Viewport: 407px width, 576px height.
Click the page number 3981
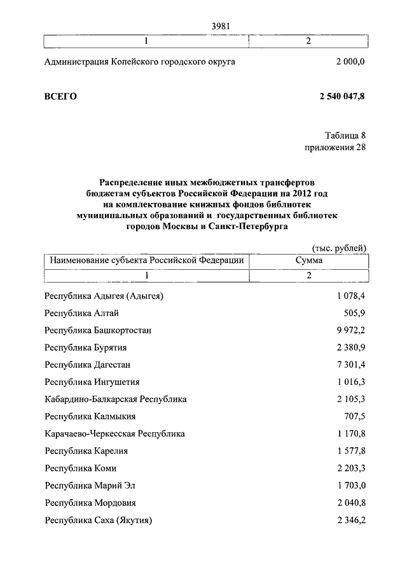219,26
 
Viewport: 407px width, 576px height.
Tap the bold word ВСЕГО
60,96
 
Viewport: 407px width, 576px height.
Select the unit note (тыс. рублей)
339,248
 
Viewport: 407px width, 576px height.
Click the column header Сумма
308,260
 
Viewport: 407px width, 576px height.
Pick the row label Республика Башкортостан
98,330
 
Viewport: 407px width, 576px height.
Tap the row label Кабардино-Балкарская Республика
116,399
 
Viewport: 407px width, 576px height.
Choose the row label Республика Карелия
86,451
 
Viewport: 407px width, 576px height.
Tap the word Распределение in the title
132,183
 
